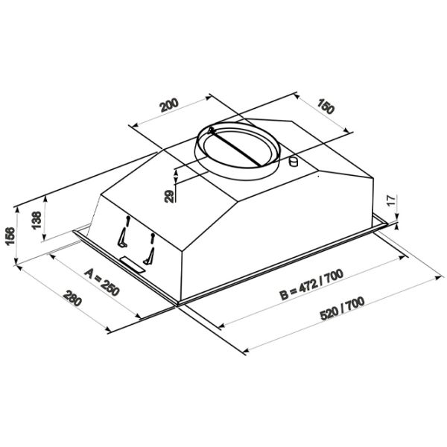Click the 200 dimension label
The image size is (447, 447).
tap(169, 105)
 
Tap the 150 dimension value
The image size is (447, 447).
tap(326, 106)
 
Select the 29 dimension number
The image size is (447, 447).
tap(169, 196)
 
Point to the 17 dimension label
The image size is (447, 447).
tap(392, 200)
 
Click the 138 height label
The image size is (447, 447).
tap(37, 220)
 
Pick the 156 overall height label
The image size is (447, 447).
tap(10, 236)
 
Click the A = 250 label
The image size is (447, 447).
tap(101, 282)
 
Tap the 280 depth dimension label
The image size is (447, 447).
tap(72, 298)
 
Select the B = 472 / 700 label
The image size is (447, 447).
tap(311, 285)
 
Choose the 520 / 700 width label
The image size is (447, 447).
tap(342, 308)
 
